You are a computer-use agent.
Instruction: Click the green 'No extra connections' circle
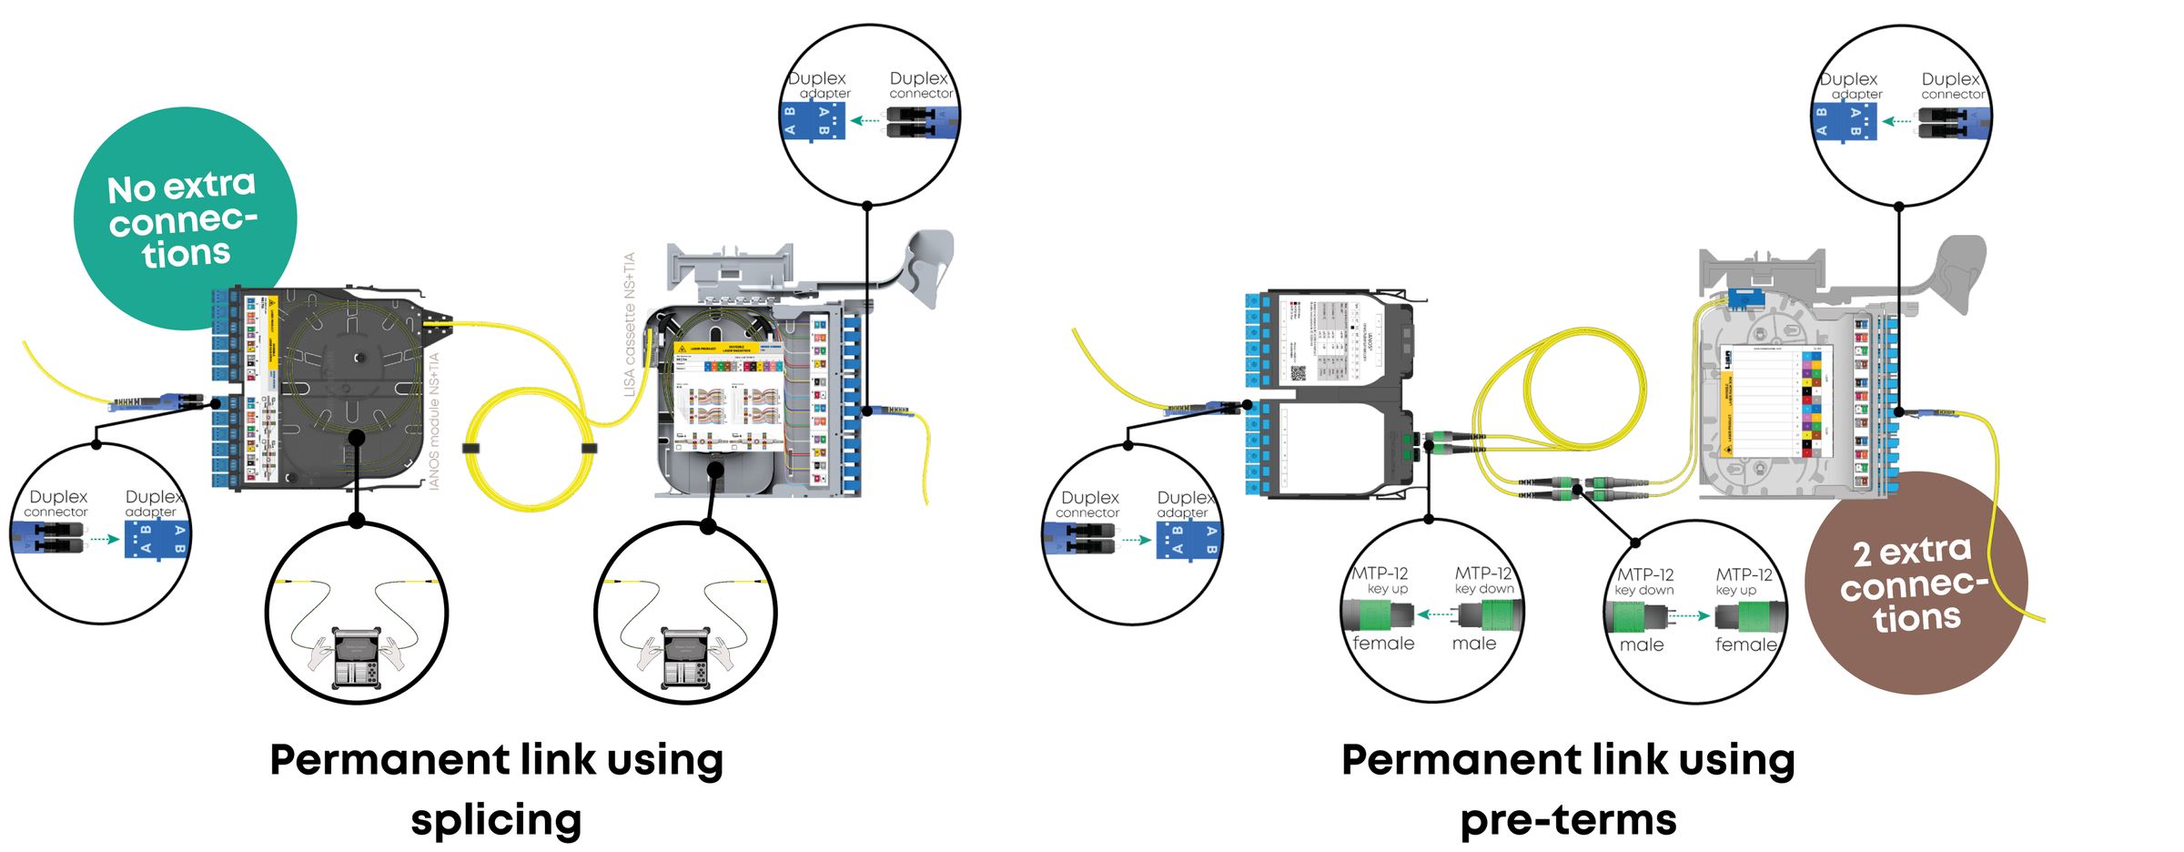[185, 218]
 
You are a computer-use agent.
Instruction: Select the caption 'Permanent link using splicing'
[496, 788]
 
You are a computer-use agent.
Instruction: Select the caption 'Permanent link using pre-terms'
[1567, 788]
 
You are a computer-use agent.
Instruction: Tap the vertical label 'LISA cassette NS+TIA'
[629, 324]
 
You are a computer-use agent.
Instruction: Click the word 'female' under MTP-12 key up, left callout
[1383, 644]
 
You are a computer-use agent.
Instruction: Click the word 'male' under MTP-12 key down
[1474, 644]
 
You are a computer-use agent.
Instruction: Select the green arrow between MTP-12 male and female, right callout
[1689, 616]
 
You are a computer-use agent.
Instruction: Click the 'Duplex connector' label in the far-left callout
[57, 503]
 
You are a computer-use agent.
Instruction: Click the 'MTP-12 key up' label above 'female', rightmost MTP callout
[1743, 582]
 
